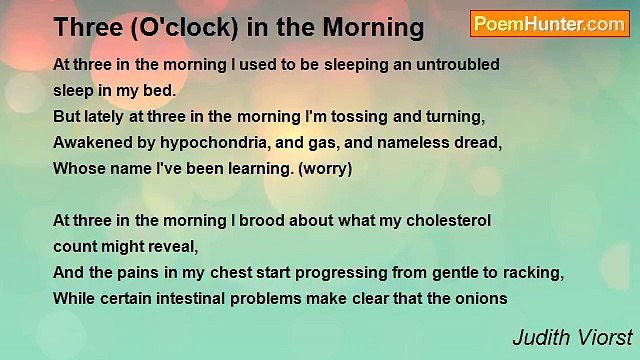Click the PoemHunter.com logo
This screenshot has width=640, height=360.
pos(549,24)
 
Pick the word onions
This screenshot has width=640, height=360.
pos(482,298)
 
